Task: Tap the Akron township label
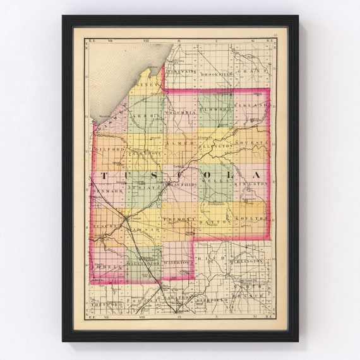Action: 144,117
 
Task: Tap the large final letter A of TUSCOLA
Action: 256,174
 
